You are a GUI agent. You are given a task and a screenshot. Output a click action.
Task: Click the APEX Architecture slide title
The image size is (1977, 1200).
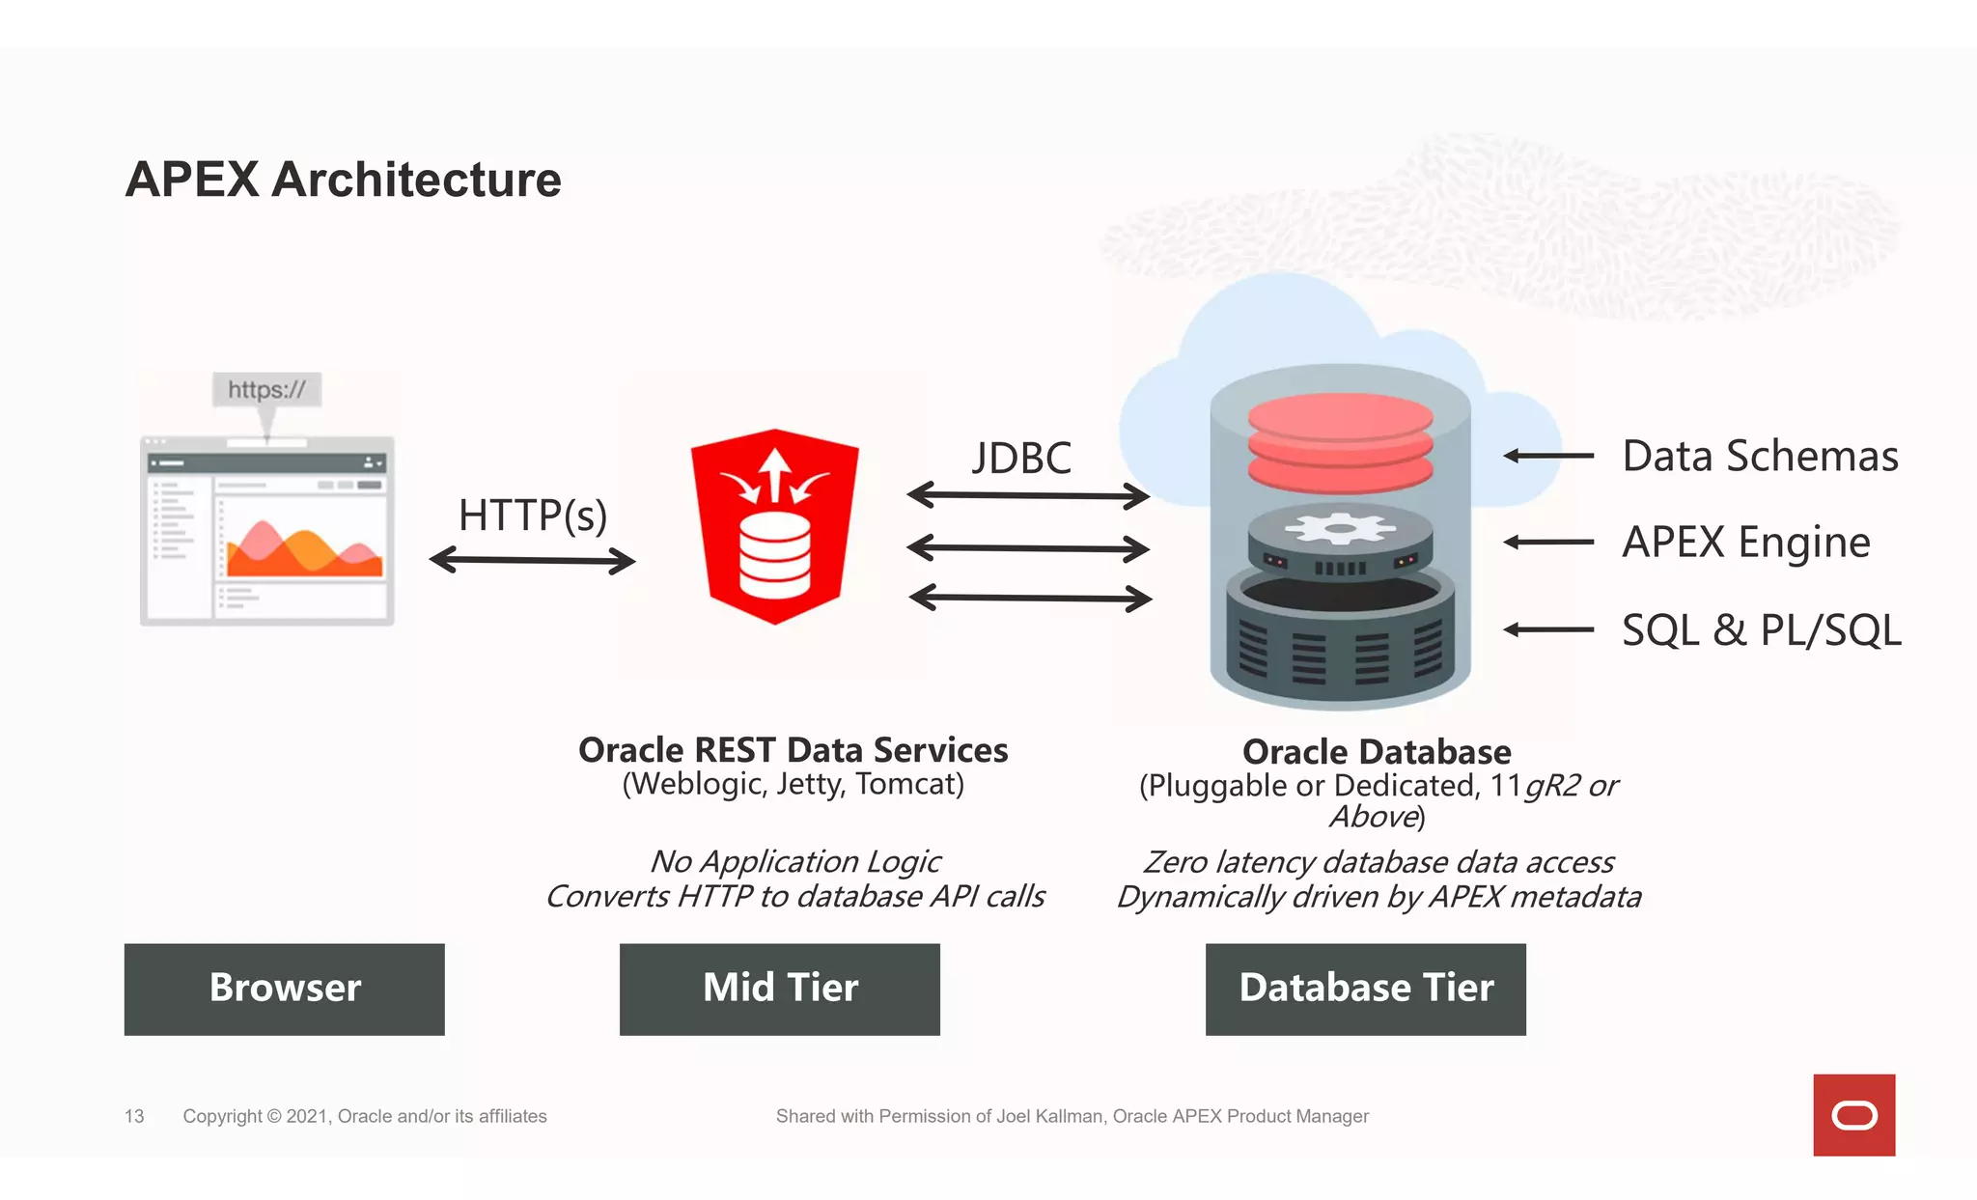pos(343,180)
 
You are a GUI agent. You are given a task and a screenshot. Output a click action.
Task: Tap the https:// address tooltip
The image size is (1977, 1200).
pos(266,390)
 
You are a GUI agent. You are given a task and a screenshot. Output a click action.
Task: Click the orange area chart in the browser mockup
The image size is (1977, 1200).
pos(301,552)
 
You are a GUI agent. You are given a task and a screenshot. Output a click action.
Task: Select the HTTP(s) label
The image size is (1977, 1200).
pos(532,515)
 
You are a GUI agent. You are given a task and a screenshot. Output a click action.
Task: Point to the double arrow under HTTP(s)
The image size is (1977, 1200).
pos(532,560)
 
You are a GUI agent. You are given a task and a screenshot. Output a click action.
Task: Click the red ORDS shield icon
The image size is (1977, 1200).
pos(774,526)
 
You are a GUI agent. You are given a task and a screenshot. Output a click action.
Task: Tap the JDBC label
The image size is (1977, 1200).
pos(1021,458)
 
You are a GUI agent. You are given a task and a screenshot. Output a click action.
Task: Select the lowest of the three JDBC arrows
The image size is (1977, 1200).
pos(1029,599)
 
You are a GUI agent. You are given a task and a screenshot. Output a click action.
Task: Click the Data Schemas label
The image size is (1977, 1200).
pos(1759,456)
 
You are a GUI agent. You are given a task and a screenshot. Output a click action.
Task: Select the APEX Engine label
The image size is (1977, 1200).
pos(1745,542)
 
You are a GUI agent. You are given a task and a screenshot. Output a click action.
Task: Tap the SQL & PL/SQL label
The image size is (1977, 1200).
pos(1761,629)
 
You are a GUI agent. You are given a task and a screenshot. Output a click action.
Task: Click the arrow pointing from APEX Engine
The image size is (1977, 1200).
pos(1548,543)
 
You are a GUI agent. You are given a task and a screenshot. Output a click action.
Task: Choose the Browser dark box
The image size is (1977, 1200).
pos(284,989)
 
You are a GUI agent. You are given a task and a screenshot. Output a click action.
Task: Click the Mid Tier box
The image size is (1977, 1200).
pos(779,989)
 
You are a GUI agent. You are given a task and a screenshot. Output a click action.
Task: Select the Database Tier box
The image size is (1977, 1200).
pos(1365,989)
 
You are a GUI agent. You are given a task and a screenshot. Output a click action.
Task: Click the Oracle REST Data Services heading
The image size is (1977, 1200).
pos(793,750)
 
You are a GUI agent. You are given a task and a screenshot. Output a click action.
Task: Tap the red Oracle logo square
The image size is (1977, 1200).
pos(1853,1115)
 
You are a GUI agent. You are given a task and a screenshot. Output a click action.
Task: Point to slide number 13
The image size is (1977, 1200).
pos(134,1116)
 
